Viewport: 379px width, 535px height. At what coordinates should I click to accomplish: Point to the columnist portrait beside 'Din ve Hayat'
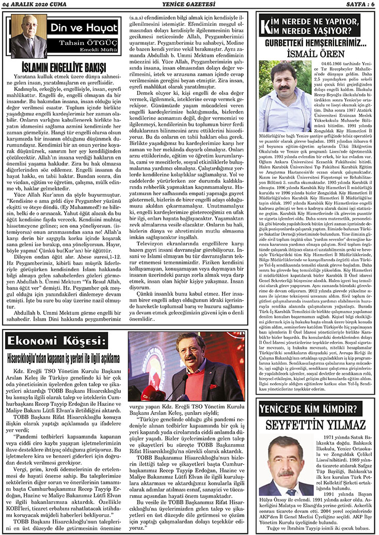point(29,36)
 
